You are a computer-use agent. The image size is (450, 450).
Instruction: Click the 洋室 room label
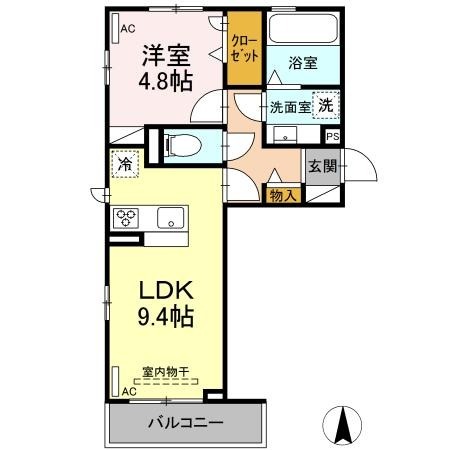coord(166,55)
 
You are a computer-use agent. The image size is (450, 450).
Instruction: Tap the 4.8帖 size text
coord(166,81)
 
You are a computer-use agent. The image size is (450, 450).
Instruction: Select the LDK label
coord(166,290)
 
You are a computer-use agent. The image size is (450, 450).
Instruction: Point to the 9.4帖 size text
coord(166,316)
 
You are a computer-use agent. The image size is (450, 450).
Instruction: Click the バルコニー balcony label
coord(186,423)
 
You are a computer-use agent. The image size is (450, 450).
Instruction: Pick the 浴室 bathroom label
coord(303,63)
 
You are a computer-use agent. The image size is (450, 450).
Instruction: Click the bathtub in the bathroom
coord(303,28)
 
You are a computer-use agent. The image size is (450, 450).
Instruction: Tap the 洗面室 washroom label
coord(290,107)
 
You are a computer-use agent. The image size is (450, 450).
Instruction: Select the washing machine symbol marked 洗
coord(326,105)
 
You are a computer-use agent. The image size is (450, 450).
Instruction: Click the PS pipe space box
coord(333,136)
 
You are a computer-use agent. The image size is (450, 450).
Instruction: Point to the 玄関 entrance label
coord(323,166)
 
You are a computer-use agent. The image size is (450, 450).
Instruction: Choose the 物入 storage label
coord(283,196)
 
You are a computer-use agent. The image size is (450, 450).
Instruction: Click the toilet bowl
coord(183,146)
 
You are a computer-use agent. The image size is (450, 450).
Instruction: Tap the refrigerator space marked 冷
coord(125,164)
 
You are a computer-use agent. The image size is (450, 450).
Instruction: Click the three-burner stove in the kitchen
coord(126,218)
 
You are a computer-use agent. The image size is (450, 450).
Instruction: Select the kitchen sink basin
coord(170,218)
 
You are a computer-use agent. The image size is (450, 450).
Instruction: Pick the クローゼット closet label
coord(245,49)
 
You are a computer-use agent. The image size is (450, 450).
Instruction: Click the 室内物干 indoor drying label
coord(166,372)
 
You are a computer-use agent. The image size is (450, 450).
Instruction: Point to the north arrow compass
coord(343,425)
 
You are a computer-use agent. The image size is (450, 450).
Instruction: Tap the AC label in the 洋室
coord(128,29)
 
